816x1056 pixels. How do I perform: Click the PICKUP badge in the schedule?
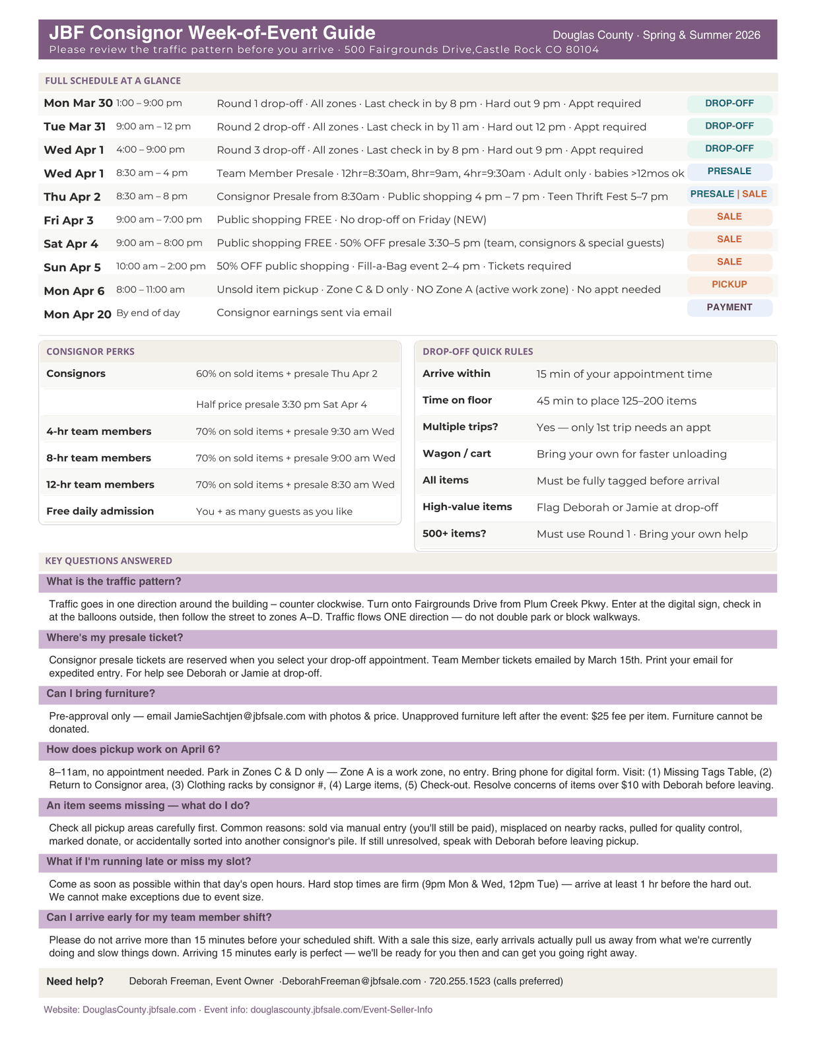[729, 284]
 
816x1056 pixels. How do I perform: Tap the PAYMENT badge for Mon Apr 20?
[729, 308]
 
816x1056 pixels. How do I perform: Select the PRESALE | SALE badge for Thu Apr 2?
[728, 194]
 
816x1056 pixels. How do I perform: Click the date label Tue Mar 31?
[75, 127]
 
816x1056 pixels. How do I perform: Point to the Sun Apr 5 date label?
[72, 267]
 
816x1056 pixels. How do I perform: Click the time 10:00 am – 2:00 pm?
[160, 266]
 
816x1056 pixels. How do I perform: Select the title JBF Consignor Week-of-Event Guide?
[212, 33]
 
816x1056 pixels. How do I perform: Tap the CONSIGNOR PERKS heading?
[90, 352]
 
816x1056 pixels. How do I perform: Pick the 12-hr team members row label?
[100, 484]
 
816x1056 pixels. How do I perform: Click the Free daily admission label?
[100, 511]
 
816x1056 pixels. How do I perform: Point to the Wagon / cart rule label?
[457, 453]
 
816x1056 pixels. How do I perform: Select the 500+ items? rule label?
[454, 533]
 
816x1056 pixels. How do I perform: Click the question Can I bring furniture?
[101, 694]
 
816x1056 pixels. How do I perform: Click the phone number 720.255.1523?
[459, 981]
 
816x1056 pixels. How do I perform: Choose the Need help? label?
[75, 981]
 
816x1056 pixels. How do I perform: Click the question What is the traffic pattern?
[114, 581]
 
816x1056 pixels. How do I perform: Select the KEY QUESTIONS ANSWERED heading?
[108, 561]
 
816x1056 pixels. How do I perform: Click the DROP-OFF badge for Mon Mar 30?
[729, 104]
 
